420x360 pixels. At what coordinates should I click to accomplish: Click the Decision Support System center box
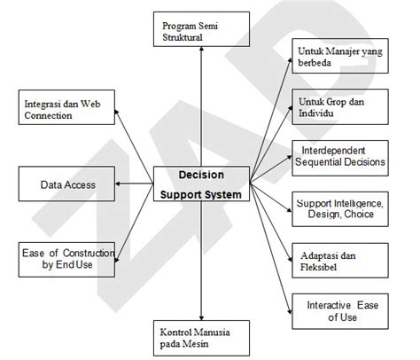(202, 184)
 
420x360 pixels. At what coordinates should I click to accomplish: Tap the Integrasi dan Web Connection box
(68, 110)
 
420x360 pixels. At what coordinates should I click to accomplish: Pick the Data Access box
(68, 184)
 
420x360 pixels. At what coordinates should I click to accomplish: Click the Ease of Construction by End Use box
(68, 258)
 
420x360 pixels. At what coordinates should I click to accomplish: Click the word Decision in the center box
(202, 174)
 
